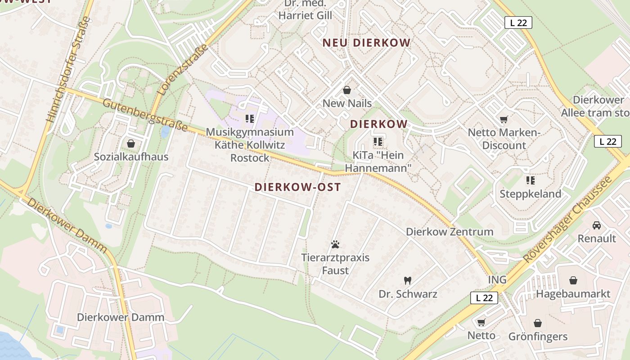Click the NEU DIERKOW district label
[366, 43]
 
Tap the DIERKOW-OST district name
[297, 187]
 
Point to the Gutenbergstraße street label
[145, 115]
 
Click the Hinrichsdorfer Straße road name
[69, 70]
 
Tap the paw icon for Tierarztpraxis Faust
[335, 244]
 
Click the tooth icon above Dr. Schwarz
[408, 281]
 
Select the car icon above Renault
[597, 225]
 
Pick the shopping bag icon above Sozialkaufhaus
[131, 144]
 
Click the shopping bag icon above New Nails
[347, 90]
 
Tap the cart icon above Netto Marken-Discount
[504, 119]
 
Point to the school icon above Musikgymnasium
[250, 119]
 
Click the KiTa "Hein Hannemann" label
[378, 162]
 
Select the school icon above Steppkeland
[530, 180]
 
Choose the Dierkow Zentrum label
[450, 232]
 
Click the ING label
[497, 280]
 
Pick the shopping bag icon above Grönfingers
[538, 323]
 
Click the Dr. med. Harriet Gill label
[305, 10]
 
